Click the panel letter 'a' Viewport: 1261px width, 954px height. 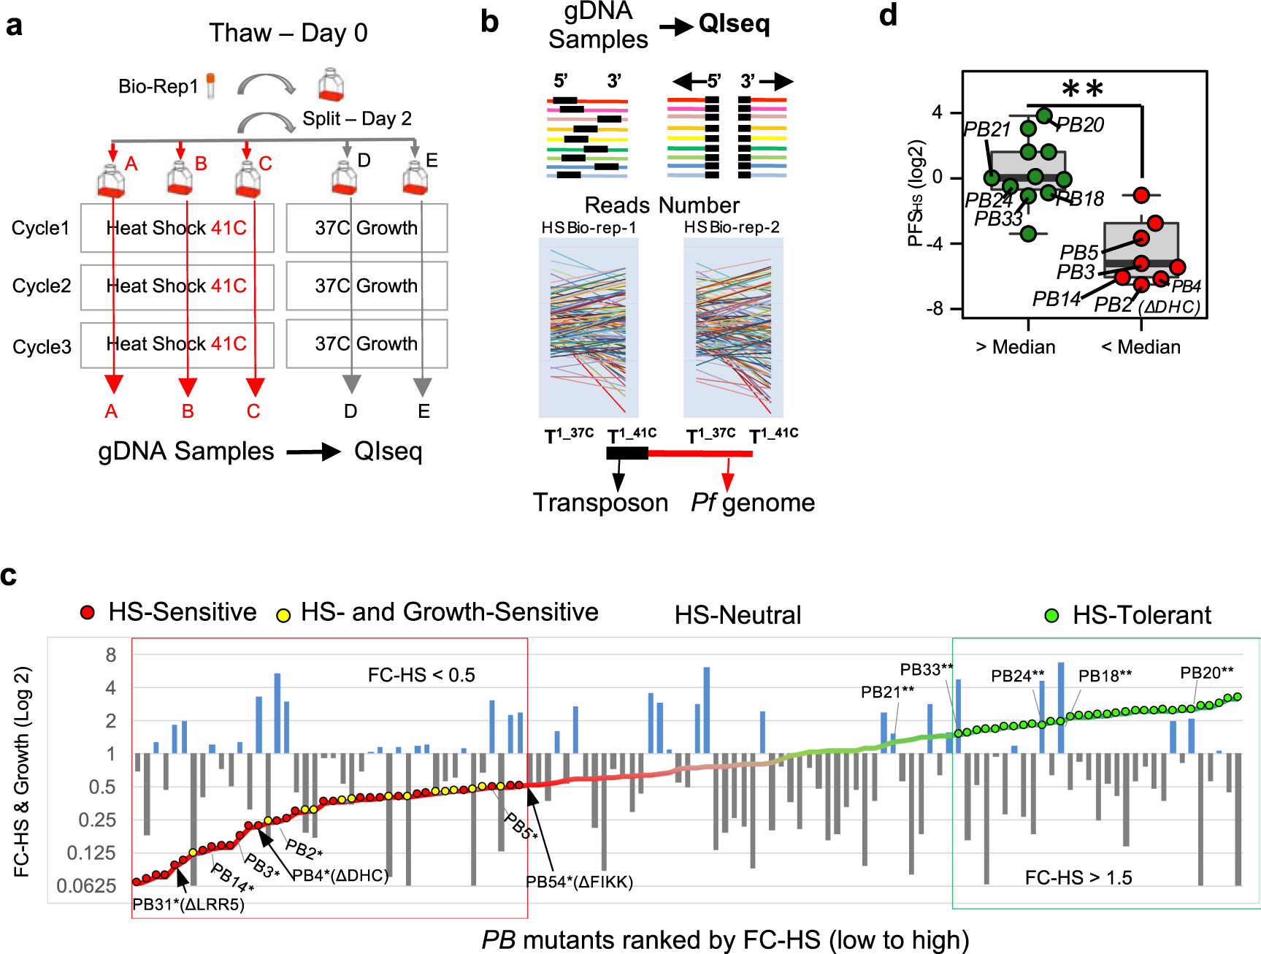pyautogui.click(x=14, y=26)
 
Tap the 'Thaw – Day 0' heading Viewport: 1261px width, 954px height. pyautogui.click(x=288, y=33)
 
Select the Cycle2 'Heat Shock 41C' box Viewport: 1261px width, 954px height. pyautogui.click(x=177, y=286)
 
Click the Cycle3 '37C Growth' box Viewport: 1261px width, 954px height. pyautogui.click(x=366, y=343)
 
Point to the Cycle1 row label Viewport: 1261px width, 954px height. pyautogui.click(x=40, y=228)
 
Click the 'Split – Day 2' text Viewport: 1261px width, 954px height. pyautogui.click(x=357, y=118)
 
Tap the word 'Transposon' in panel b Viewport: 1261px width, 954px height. pyautogui.click(x=600, y=503)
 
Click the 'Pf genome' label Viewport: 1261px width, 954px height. pyautogui.click(x=753, y=503)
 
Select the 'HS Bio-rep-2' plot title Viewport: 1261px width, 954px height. pyautogui.click(x=732, y=227)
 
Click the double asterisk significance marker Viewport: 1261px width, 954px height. pyautogui.click(x=1082, y=90)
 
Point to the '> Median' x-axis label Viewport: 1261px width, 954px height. pyautogui.click(x=1015, y=347)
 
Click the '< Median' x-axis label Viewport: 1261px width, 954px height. pyautogui.click(x=1141, y=347)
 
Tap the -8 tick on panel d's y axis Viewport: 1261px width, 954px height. pyautogui.click(x=935, y=309)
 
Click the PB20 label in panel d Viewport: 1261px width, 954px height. pyautogui.click(x=1081, y=126)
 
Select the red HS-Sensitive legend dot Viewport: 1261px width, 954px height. pyautogui.click(x=88, y=613)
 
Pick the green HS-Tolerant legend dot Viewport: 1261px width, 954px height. pyautogui.click(x=1051, y=616)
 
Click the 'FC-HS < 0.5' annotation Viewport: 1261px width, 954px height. pyautogui.click(x=421, y=675)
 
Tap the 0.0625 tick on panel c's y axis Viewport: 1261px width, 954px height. pyautogui.click(x=86, y=886)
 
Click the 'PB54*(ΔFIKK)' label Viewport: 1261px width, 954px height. pyautogui.click(x=580, y=882)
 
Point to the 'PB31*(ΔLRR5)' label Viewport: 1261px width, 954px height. pyautogui.click(x=188, y=904)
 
